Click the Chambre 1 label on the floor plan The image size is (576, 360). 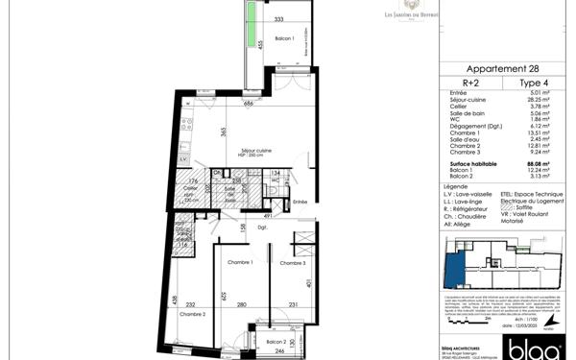point(238,262)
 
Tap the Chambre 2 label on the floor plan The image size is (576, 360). point(191,314)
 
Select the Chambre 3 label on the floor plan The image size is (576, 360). point(292,263)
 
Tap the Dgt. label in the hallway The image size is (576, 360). point(260,228)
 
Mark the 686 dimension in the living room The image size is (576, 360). point(247,104)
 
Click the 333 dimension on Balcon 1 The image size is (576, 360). point(278,19)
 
